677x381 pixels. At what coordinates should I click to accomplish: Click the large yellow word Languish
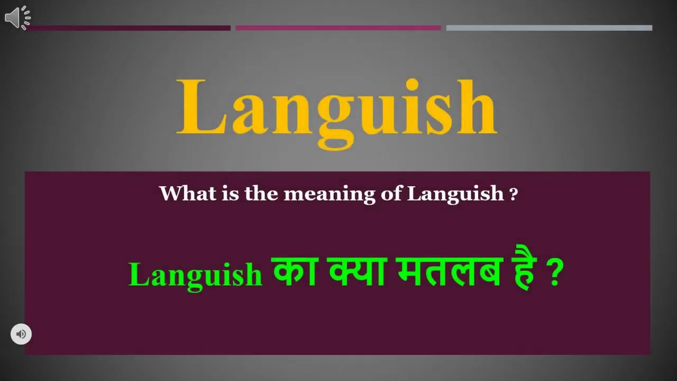(336, 108)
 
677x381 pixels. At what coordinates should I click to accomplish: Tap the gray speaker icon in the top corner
(17, 17)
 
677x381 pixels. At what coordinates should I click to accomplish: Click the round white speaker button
(21, 334)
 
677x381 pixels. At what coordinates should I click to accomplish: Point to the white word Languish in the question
(455, 194)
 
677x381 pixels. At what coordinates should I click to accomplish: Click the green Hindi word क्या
(357, 273)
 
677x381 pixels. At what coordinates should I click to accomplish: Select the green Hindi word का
(295, 273)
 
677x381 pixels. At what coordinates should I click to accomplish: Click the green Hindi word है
(524, 273)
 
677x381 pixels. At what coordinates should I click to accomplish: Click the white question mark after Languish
(513, 195)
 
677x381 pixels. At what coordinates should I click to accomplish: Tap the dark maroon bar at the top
(130, 28)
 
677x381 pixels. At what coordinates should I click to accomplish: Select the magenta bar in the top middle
(338, 28)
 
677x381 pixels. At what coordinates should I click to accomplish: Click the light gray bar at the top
(549, 28)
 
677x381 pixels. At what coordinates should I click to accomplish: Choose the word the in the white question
(261, 194)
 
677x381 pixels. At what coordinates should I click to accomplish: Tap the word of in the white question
(391, 194)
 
